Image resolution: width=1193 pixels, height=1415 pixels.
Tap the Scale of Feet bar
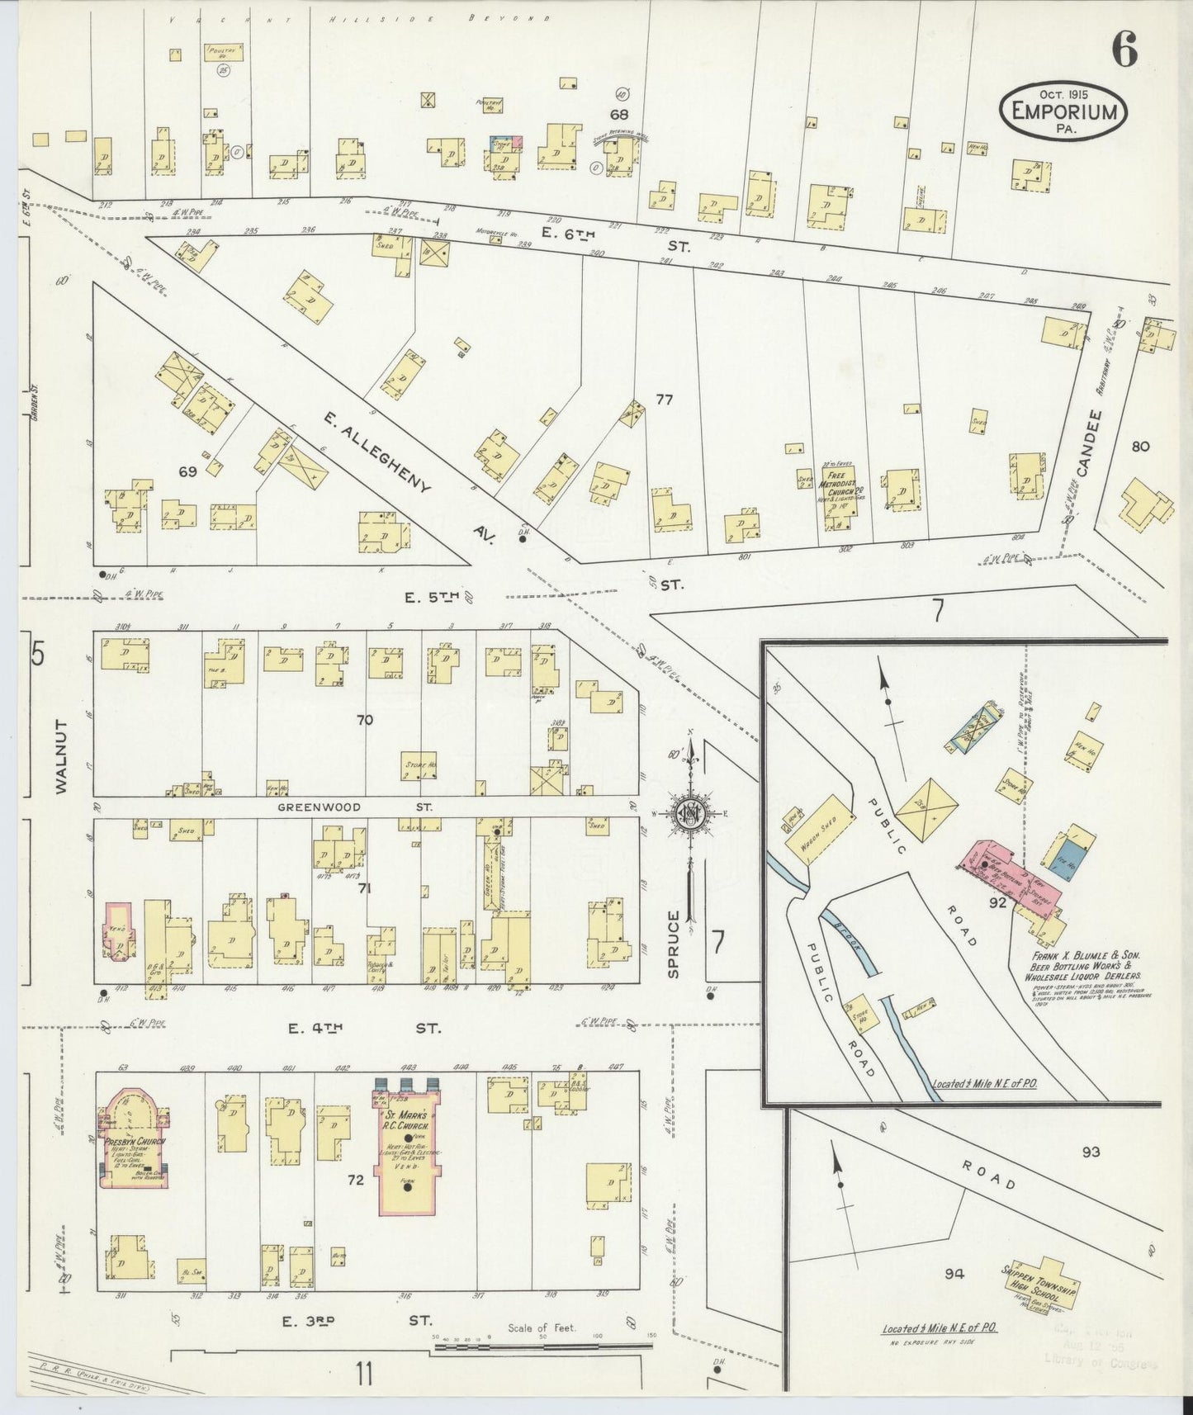[x=541, y=1347]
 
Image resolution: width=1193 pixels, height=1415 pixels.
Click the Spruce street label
[x=674, y=944]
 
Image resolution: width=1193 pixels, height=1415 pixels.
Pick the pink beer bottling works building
[x=1007, y=879]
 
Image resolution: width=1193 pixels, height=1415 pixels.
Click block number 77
[x=664, y=400]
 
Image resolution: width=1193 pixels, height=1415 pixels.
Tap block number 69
[x=187, y=471]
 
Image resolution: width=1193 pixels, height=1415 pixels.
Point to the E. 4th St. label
[x=364, y=1028]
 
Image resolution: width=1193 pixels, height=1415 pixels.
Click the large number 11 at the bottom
[x=364, y=1375]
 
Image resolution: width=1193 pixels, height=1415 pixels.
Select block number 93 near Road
[x=1091, y=1152]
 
